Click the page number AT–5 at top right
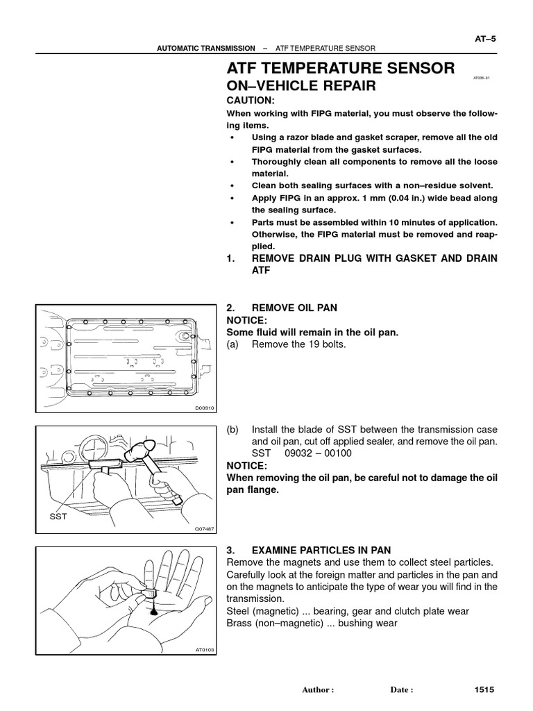pyautogui.click(x=485, y=39)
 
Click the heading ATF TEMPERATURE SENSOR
pyautogui.click(x=341, y=68)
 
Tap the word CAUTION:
pyautogui.click(x=251, y=101)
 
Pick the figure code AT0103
pyautogui.click(x=205, y=650)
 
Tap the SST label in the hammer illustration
pyautogui.click(x=58, y=517)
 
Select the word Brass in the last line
pyautogui.click(x=239, y=624)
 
